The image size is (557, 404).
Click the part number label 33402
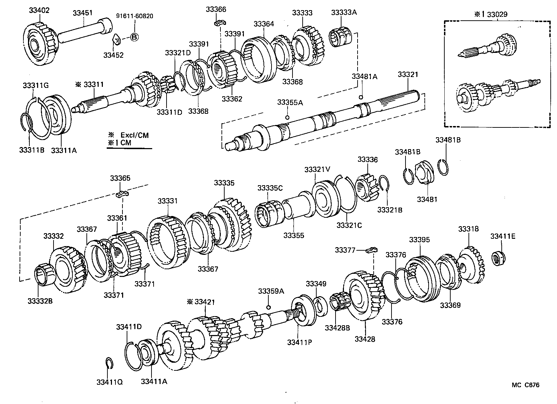39,10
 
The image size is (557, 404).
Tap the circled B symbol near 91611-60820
134,37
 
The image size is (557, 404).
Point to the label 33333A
344,13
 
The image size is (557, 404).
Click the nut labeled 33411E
498,258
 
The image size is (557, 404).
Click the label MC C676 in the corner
526,385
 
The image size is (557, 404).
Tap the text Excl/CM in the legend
134,135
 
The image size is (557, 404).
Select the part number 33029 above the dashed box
497,14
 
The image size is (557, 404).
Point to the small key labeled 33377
371,250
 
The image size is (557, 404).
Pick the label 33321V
317,169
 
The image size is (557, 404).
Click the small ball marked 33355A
287,117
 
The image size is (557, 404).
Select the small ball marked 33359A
268,307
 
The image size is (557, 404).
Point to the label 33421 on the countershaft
205,302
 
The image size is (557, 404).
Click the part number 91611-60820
134,16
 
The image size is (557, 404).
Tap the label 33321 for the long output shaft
408,74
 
